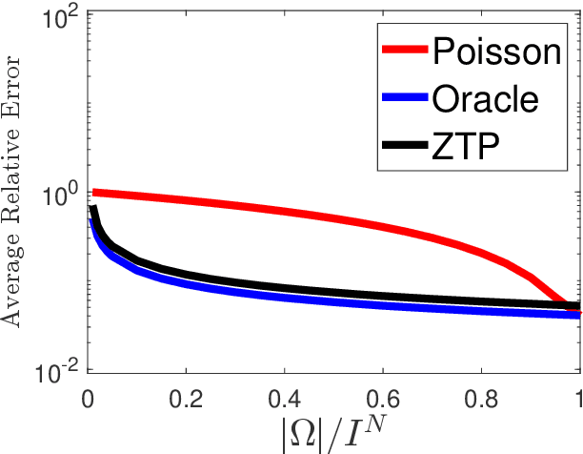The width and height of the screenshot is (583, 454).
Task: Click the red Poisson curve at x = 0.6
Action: [382, 227]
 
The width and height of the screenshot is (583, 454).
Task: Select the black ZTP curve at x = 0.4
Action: [284, 288]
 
